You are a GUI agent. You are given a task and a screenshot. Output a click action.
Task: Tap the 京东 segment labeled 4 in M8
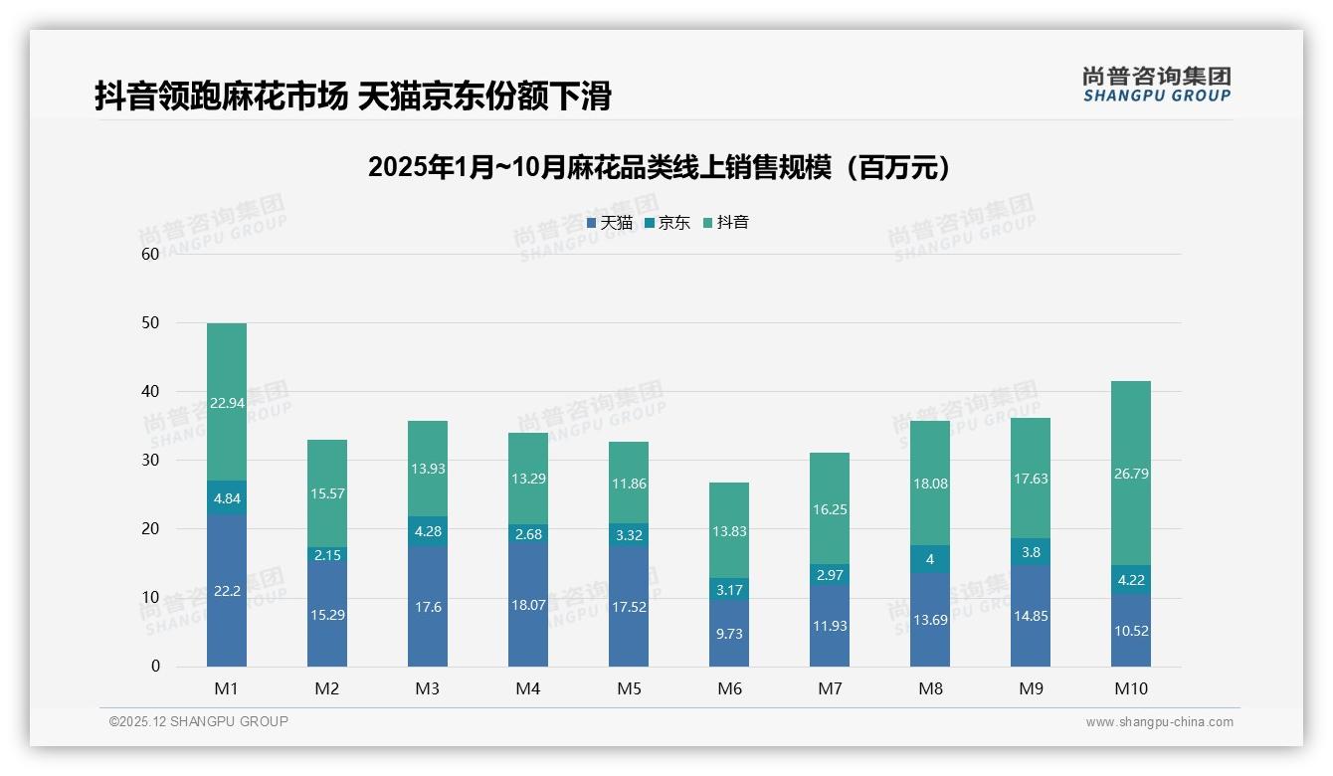[x=930, y=559]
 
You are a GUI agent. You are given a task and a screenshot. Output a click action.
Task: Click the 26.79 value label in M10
[x=1131, y=474]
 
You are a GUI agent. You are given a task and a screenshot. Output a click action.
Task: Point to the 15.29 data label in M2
[x=327, y=615]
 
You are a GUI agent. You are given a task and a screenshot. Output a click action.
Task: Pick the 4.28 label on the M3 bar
[x=428, y=530]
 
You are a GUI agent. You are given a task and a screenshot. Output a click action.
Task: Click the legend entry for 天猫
[x=610, y=223]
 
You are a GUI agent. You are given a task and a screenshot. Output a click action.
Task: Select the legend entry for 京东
[x=667, y=223]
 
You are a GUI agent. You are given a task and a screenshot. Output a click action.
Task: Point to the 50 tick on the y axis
[x=150, y=322]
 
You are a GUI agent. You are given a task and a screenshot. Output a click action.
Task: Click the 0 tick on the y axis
[x=155, y=667]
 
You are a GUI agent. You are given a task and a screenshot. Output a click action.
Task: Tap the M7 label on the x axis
[x=830, y=688]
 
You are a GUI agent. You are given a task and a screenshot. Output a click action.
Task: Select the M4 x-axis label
[x=528, y=688]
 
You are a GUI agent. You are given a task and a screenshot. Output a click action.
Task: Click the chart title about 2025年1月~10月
[x=660, y=167]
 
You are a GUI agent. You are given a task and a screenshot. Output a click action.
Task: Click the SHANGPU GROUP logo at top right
[x=1156, y=85]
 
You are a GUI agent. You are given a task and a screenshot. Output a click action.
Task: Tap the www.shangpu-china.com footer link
[x=1159, y=722]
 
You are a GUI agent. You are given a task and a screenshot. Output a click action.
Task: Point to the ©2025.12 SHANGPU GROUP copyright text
[x=198, y=721]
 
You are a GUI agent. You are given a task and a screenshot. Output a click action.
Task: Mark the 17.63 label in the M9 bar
[x=1031, y=479]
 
